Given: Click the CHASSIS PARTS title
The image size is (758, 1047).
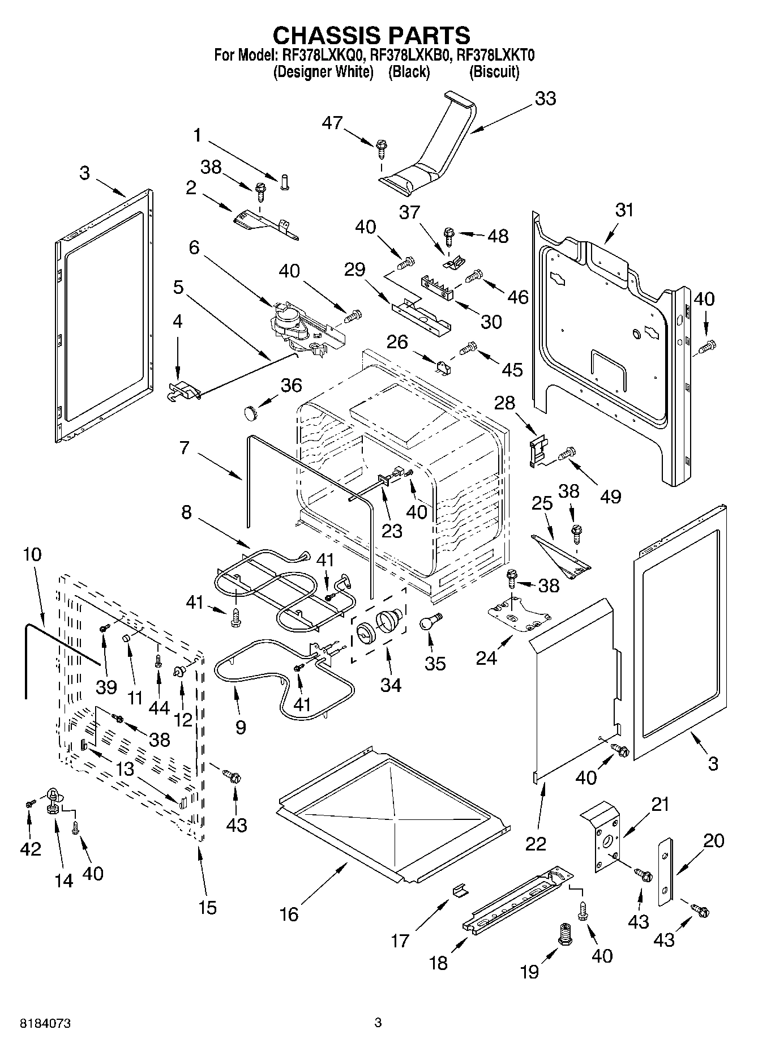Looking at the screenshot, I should click(371, 35).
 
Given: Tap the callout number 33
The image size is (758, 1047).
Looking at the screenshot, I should click(545, 99).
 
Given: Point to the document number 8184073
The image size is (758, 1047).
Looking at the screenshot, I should click(45, 1024).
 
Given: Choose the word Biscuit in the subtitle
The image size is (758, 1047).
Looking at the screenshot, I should click(494, 72).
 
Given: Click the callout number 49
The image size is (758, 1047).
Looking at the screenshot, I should click(610, 496).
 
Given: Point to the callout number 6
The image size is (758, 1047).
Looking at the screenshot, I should click(194, 247).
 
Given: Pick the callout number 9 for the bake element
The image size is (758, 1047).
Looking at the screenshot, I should click(241, 727).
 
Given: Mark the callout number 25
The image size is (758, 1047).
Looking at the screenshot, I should click(542, 503).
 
